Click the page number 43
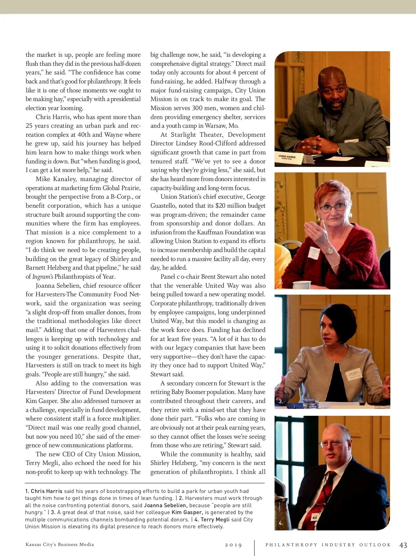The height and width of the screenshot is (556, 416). [x=403, y=545]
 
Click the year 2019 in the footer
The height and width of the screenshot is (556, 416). [x=233, y=545]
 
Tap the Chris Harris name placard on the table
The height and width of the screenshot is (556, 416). [x=288, y=158]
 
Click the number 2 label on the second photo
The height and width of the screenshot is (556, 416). [x=281, y=281]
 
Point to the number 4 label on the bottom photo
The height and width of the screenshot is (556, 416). [x=281, y=523]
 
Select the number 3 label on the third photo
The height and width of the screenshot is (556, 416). [x=281, y=402]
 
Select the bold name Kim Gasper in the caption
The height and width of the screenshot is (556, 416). [x=187, y=512]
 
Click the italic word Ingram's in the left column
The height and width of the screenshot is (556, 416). [x=43, y=277]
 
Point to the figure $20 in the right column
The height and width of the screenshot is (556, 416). [x=220, y=206]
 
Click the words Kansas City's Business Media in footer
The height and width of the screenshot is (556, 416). [x=60, y=545]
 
